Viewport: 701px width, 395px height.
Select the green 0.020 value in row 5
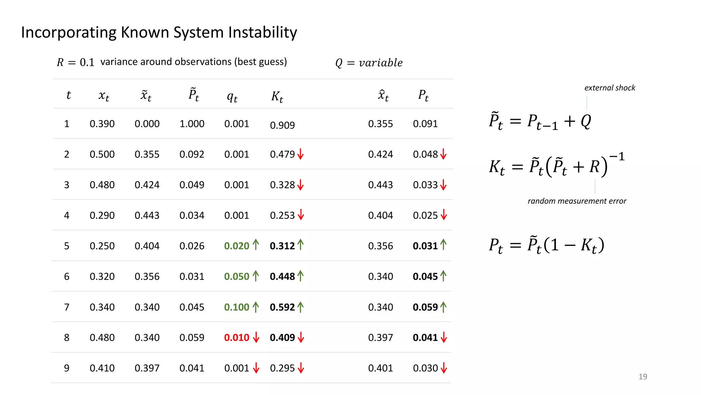coord(237,246)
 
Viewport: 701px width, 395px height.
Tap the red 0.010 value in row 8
coord(237,337)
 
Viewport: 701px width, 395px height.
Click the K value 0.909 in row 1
coord(282,125)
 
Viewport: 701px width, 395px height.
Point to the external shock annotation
coord(610,88)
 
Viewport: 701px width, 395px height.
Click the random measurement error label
coord(577,201)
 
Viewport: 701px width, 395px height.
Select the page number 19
coord(642,376)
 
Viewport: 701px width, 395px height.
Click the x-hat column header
coord(383,95)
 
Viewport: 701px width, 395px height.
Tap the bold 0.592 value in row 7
coord(282,307)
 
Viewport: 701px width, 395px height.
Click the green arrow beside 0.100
coord(256,307)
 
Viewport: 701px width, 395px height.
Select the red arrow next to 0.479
coord(301,154)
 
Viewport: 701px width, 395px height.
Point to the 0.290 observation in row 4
coord(102,215)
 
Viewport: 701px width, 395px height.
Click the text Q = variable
coord(369,63)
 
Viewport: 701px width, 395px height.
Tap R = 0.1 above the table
coord(75,62)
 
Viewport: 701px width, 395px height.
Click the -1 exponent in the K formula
coord(617,157)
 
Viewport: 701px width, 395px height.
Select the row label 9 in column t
coord(67,368)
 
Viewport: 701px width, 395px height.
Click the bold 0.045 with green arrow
coord(425,276)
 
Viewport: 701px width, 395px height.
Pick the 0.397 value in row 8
coord(380,337)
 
